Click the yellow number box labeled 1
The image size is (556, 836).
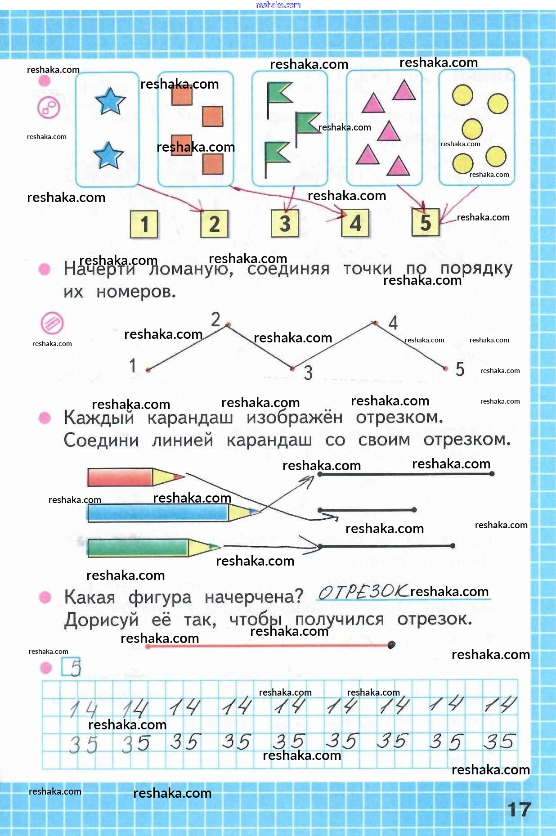pyautogui.click(x=144, y=224)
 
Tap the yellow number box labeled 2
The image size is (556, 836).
pyautogui.click(x=214, y=224)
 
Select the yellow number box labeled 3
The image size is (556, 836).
pyautogui.click(x=285, y=223)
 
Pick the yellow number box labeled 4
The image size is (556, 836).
pyautogui.click(x=355, y=223)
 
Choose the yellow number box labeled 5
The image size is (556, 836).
pyautogui.click(x=425, y=222)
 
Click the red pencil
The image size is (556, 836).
pyautogui.click(x=135, y=477)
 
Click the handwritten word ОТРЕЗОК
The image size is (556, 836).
pyautogui.click(x=363, y=592)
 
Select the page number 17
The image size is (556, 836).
pyautogui.click(x=519, y=810)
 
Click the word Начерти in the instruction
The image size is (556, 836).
pyautogui.click(x=99, y=269)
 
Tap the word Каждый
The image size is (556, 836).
pyautogui.click(x=99, y=418)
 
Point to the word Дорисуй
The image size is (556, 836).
pyautogui.click(x=101, y=620)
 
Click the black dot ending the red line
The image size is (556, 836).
pyautogui.click(x=391, y=645)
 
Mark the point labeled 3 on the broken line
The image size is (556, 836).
pyautogui.click(x=292, y=369)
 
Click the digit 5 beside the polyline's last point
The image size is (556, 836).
pyautogui.click(x=460, y=369)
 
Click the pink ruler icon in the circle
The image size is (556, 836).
pyautogui.click(x=52, y=323)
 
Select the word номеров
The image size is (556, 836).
pyautogui.click(x=136, y=292)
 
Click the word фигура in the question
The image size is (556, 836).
pyautogui.click(x=160, y=598)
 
